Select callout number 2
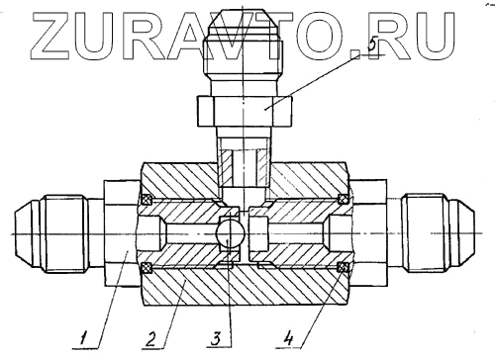pyautogui.click(x=150, y=338)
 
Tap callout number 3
pyautogui.click(x=216, y=338)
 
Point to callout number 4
pyautogui.click(x=288, y=338)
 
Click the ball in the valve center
pyautogui.click(x=230, y=233)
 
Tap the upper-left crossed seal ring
pyautogui.click(x=147, y=199)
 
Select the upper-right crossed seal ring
pyautogui.click(x=344, y=199)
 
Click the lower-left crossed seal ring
pyautogui.click(x=146, y=268)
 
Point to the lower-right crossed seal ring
pyautogui.click(x=343, y=268)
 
